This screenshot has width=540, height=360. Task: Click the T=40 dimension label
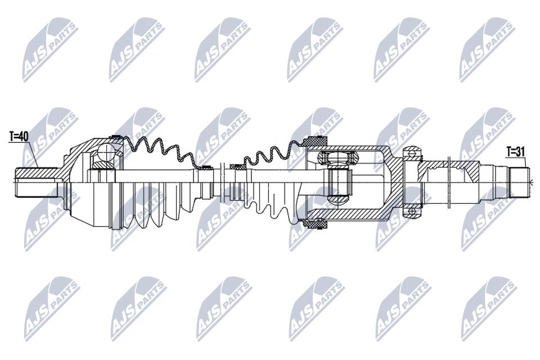pos(18,137)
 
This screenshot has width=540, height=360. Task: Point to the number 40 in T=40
pos(22,137)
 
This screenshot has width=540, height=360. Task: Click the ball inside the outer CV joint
pos(106,151)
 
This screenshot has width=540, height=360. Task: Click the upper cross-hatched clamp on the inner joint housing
pos(316,141)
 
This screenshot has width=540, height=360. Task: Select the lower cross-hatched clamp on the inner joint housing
pos(315,223)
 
